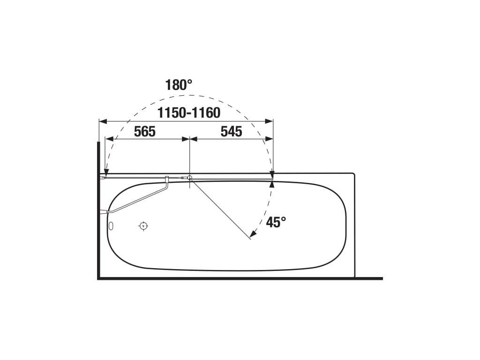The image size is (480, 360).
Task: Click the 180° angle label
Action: pyautogui.click(x=179, y=85)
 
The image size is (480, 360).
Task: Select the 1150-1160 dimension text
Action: pyautogui.click(x=189, y=113)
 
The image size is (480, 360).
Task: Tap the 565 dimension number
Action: pyautogui.click(x=145, y=132)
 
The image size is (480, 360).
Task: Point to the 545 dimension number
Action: pyautogui.click(x=232, y=132)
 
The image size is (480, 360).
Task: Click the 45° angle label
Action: pyautogui.click(x=276, y=222)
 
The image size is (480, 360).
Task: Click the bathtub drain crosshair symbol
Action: pyautogui.click(x=143, y=226)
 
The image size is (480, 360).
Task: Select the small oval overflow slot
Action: pyautogui.click(x=111, y=226)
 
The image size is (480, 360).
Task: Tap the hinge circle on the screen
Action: pyautogui.click(x=190, y=178)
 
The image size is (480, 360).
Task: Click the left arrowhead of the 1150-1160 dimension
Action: pyautogui.click(x=103, y=121)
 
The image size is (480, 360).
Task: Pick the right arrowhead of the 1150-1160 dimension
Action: pyautogui.click(x=269, y=121)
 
